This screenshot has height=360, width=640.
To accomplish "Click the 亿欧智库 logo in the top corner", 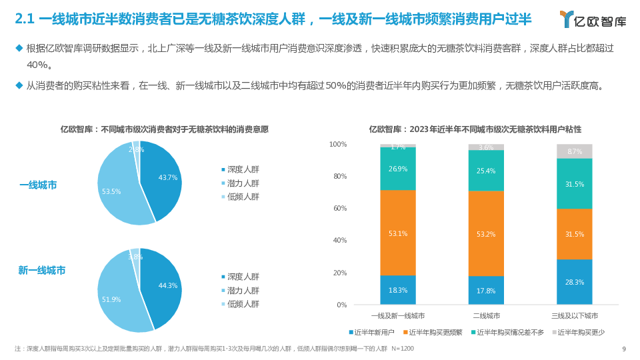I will coord(593,19).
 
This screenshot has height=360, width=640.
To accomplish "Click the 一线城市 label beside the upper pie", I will coord(38,185).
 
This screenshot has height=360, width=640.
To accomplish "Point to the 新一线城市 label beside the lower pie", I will coord(42,271).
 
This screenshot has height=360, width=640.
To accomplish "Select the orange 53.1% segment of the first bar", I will coord(398,233).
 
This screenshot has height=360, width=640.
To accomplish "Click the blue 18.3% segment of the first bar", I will coord(398,291).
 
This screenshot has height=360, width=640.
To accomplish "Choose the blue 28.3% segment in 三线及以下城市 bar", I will coord(574,282).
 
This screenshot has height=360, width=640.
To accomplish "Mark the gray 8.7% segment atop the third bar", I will coord(574,151).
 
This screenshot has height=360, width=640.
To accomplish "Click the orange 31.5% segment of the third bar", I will coord(574,234).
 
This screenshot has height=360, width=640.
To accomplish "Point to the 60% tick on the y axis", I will coord(338,209).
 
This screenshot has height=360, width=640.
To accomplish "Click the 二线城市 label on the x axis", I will coord(486,315).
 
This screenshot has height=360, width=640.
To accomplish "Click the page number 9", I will coord(623,349).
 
